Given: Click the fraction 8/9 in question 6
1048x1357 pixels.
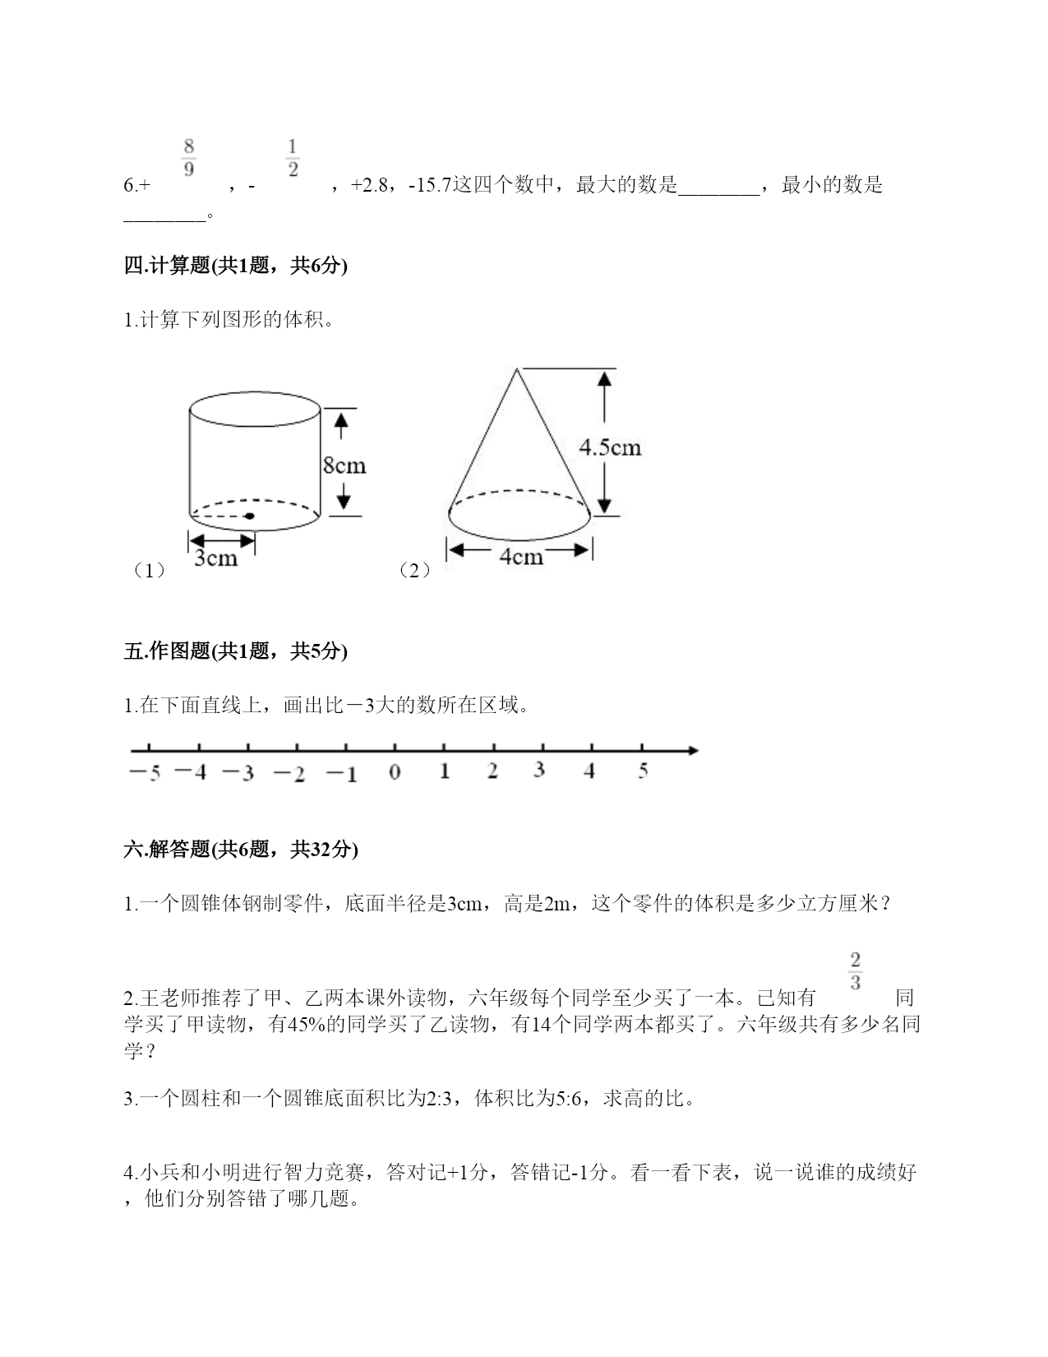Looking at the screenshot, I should [x=189, y=158].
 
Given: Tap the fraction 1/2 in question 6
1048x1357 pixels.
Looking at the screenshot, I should [x=293, y=158].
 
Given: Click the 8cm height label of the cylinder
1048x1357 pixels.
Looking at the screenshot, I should [x=344, y=465].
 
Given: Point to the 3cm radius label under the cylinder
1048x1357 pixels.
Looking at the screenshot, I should [x=215, y=558].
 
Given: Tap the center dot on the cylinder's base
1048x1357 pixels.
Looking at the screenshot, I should [x=249, y=516].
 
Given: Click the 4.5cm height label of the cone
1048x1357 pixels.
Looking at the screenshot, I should [x=610, y=447].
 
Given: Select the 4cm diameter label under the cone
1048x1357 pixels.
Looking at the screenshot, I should [x=521, y=557].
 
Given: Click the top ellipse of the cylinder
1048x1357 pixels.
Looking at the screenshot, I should [x=255, y=409].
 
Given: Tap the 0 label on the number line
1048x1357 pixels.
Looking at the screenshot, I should [x=395, y=772].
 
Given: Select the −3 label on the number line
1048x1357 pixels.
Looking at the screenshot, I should [x=238, y=773].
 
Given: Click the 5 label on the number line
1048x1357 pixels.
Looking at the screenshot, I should [x=643, y=771].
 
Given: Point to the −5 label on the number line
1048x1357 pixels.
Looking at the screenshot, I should [x=145, y=773].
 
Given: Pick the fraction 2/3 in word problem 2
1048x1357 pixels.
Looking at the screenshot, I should [x=855, y=971].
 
